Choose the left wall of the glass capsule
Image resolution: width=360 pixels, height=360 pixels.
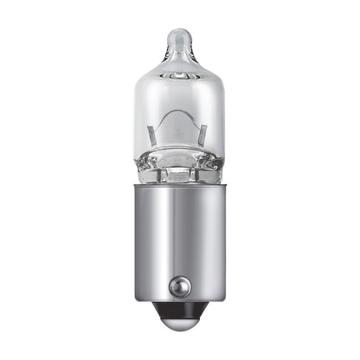point(141,112)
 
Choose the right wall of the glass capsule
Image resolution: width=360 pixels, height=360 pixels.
point(219,112)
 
